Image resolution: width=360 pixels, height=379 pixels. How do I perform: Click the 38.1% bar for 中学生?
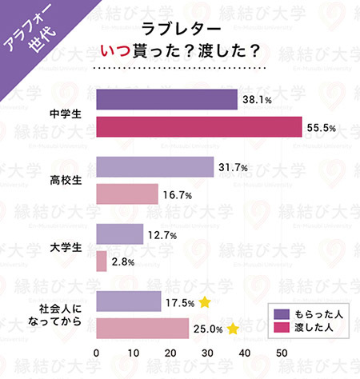166,100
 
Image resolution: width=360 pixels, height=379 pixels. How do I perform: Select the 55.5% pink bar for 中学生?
198,127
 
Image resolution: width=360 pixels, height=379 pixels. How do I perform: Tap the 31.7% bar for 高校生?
154,167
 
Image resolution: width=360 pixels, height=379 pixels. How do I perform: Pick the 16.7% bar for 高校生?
127,193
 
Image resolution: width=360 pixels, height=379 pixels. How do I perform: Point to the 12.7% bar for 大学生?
119,233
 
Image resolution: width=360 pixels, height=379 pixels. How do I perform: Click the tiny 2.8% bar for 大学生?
102,261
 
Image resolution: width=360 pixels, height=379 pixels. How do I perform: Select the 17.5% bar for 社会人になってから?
128,301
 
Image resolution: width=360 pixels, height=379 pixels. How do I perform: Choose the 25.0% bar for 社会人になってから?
142,328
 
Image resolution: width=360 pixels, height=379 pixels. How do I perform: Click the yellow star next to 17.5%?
205,302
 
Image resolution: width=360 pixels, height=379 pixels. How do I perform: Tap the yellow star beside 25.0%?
233,329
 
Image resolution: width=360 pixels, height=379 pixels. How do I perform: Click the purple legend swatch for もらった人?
280,313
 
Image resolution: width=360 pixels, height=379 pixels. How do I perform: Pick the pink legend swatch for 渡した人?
280,327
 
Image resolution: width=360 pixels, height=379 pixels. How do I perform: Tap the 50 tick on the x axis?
282,353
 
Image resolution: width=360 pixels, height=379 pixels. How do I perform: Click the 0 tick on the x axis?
97,353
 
